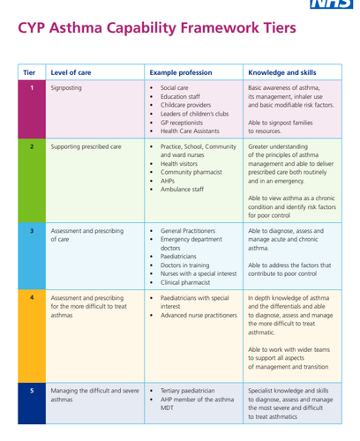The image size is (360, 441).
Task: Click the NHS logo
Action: pos(332,4)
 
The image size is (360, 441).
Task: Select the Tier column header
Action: pos(29,72)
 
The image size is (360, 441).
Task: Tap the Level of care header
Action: pos(71,72)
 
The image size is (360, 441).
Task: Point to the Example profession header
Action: pos(181,72)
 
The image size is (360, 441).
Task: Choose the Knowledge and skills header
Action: pos(282,72)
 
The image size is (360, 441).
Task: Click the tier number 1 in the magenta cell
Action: pos(32,87)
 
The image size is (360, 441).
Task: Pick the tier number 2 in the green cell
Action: pos(32,146)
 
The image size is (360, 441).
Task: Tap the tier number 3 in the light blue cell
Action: pos(32,231)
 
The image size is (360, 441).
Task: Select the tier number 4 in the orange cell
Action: pos(32,297)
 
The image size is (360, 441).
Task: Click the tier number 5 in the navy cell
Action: pos(32,391)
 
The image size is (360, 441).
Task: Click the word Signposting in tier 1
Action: pos(66,88)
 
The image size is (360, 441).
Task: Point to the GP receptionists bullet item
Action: pos(182,123)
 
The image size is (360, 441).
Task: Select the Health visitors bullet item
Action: pos(179,163)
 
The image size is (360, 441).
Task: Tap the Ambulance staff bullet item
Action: pos(182,190)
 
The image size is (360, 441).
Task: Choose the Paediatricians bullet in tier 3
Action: pos(178,257)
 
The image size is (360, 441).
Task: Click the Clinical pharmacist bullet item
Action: pos(185,282)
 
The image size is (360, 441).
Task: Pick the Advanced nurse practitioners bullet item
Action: pos(199,315)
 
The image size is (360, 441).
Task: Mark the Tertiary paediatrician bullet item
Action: pos(188,391)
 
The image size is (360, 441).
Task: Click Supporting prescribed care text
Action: pos(86,146)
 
